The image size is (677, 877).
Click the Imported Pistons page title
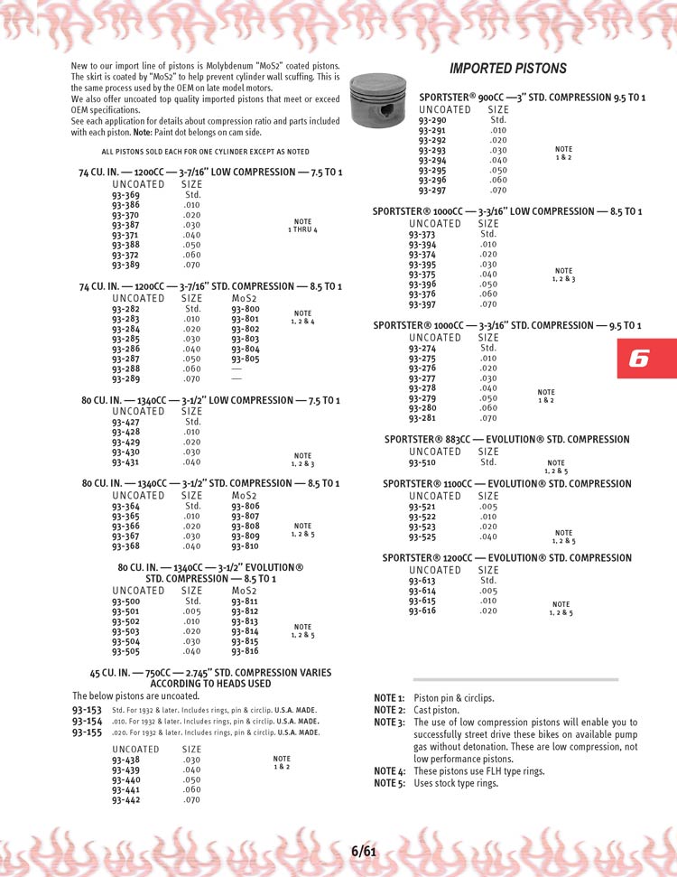point(508,69)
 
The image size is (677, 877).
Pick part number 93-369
point(125,195)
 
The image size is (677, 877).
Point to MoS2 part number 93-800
point(245,309)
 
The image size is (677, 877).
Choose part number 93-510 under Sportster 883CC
point(422,462)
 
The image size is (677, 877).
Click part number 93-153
point(87,711)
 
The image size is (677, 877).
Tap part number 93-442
point(125,799)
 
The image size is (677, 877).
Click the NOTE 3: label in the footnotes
point(389,723)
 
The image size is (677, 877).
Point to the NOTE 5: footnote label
point(389,783)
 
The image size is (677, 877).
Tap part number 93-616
point(422,611)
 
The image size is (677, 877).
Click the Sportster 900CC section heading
point(532,97)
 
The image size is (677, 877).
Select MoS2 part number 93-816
point(245,651)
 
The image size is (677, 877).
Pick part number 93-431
point(125,462)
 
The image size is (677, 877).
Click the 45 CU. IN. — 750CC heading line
point(210,673)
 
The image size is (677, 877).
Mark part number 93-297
point(432,190)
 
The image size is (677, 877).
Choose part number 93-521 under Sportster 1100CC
point(422,507)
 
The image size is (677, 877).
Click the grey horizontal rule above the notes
point(515,679)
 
